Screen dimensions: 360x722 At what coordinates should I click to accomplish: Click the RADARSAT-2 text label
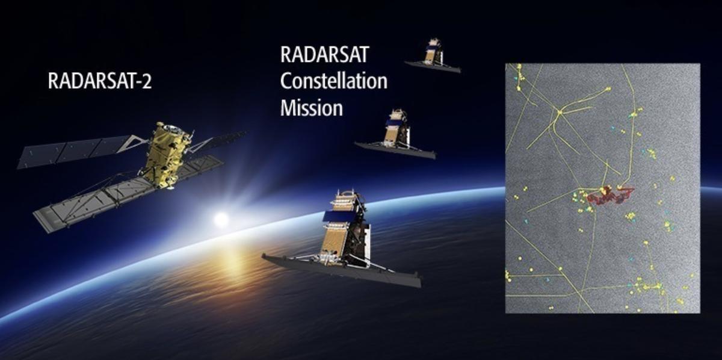click(99, 82)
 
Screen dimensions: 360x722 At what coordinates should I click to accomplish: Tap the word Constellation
click(333, 81)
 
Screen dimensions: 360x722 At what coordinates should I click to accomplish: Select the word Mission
click(311, 108)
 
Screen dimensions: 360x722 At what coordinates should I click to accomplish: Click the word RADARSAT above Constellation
click(324, 55)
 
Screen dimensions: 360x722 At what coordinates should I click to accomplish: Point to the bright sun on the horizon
click(221, 219)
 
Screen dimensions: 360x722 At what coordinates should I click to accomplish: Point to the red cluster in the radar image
click(609, 195)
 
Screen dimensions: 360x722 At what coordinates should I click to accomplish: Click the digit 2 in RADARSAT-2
click(146, 82)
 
